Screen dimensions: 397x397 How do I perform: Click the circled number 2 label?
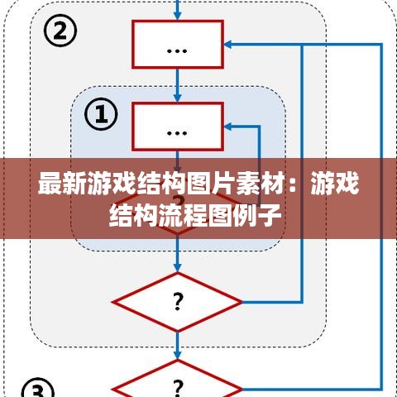pyautogui.click(x=60, y=31)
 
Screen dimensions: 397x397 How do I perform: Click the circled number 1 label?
pyautogui.click(x=101, y=114)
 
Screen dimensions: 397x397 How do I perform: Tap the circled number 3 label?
pyautogui.click(x=38, y=389)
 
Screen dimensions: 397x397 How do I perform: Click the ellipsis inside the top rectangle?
pyautogui.click(x=177, y=50)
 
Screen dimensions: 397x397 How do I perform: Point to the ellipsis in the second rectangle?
pyautogui.click(x=177, y=133)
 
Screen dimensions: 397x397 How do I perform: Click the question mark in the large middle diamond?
pyautogui.click(x=178, y=302)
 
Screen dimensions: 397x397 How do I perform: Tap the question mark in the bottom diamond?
pyautogui.click(x=178, y=387)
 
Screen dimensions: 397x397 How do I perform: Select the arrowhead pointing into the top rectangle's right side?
pyautogui.click(x=227, y=44)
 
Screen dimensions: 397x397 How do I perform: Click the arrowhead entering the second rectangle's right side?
pyautogui.click(x=227, y=127)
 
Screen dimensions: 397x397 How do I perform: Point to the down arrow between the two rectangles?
pyautogui.click(x=178, y=85)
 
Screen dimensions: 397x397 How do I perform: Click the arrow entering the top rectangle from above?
pyautogui.click(x=178, y=10)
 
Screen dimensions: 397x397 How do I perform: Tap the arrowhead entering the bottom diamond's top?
pyautogui.click(x=178, y=355)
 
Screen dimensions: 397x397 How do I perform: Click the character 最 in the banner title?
pyautogui.click(x=50, y=184)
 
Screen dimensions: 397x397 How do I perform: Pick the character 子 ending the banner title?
pyautogui.click(x=270, y=215)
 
